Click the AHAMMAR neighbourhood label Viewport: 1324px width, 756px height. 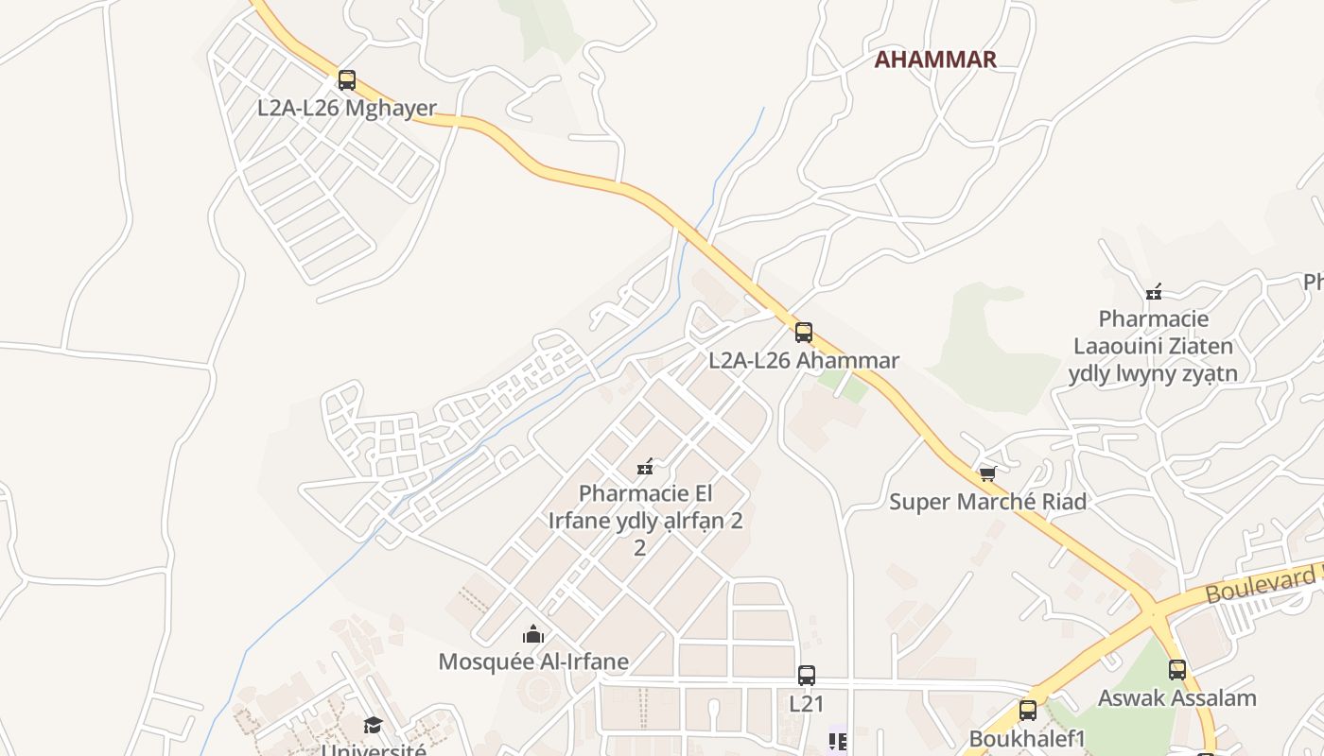(934, 60)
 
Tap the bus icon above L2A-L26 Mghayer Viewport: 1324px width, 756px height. (347, 80)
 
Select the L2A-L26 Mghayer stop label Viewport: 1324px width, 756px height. (347, 108)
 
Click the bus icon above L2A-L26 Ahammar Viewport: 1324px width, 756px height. (804, 333)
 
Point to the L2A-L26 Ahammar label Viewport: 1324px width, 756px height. (804, 360)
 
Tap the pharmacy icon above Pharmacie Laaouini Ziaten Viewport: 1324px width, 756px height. (1154, 292)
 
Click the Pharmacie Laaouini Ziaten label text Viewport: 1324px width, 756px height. (1153, 346)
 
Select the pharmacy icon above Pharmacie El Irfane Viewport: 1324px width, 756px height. (646, 466)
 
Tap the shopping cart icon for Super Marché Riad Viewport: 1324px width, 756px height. (988, 473)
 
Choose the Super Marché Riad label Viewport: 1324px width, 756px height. (987, 502)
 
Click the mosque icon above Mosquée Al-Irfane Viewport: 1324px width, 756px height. (533, 634)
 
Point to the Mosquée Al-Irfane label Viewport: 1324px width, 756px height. (533, 661)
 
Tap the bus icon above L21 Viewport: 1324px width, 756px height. (807, 676)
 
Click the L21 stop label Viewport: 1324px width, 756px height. (807, 703)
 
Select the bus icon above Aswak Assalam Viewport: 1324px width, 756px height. (1177, 670)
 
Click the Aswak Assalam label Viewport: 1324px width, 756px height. (1176, 698)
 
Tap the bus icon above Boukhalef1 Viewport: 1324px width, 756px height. (1028, 711)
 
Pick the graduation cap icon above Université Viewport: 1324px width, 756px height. (374, 725)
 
